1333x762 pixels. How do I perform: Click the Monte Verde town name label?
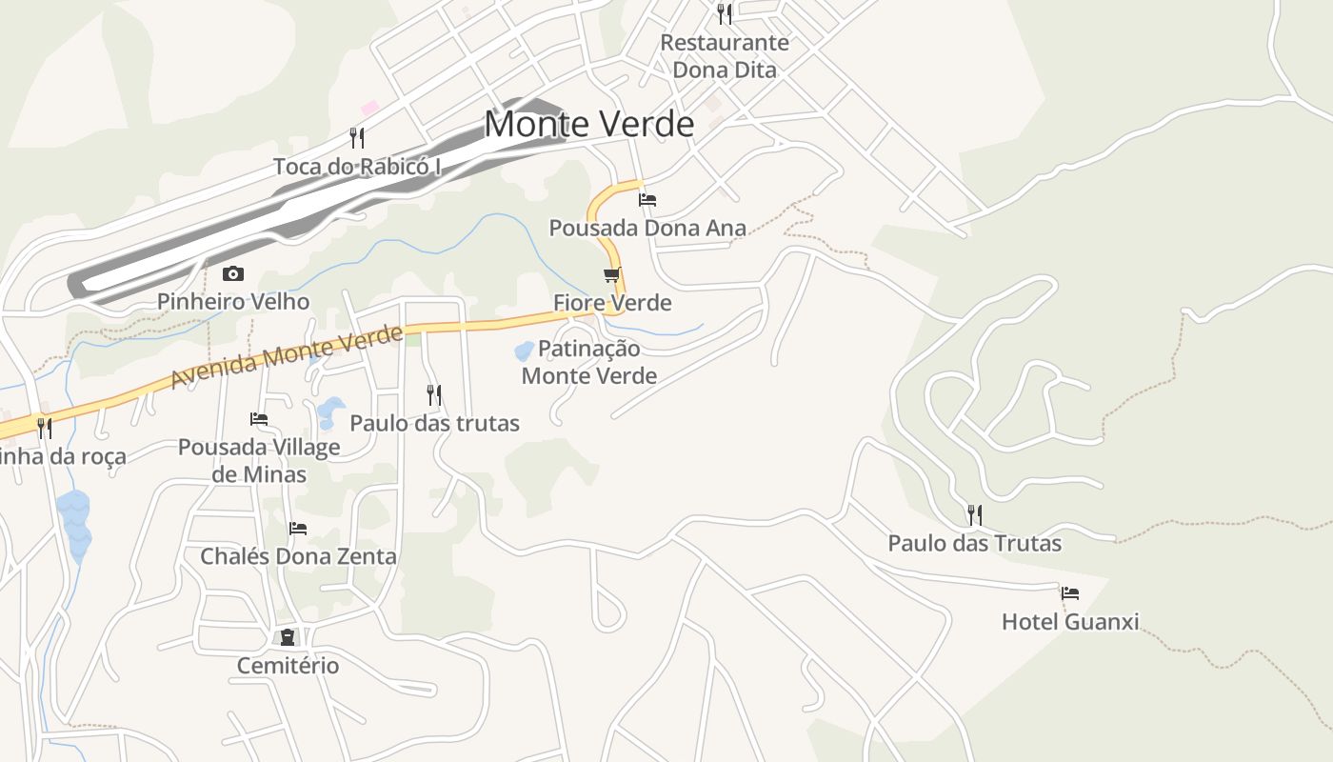tap(588, 124)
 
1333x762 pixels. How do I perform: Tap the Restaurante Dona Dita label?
tap(725, 56)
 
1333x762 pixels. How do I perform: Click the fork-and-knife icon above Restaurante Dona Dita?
tap(725, 13)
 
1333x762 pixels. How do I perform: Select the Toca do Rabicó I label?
tap(357, 167)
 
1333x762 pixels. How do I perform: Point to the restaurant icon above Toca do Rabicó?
tap(357, 138)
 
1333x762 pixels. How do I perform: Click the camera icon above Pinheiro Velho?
tap(233, 274)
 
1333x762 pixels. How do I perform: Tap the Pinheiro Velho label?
tap(233, 302)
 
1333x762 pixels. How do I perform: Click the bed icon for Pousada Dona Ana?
tap(647, 200)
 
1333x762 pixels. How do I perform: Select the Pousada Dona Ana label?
tap(647, 228)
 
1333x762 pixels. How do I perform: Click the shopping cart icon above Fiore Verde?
tap(612, 275)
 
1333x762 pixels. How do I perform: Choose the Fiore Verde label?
tap(612, 303)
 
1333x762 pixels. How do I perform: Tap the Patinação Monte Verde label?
tap(589, 362)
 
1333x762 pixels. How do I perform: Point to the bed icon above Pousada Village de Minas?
tap(259, 419)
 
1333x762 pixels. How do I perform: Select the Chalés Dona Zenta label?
tap(298, 556)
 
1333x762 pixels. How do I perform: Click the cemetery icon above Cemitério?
tap(288, 637)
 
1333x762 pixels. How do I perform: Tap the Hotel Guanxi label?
tap(1070, 622)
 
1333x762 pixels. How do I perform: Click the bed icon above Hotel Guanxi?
tap(1070, 593)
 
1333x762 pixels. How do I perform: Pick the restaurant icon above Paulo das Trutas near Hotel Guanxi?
tap(975, 515)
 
